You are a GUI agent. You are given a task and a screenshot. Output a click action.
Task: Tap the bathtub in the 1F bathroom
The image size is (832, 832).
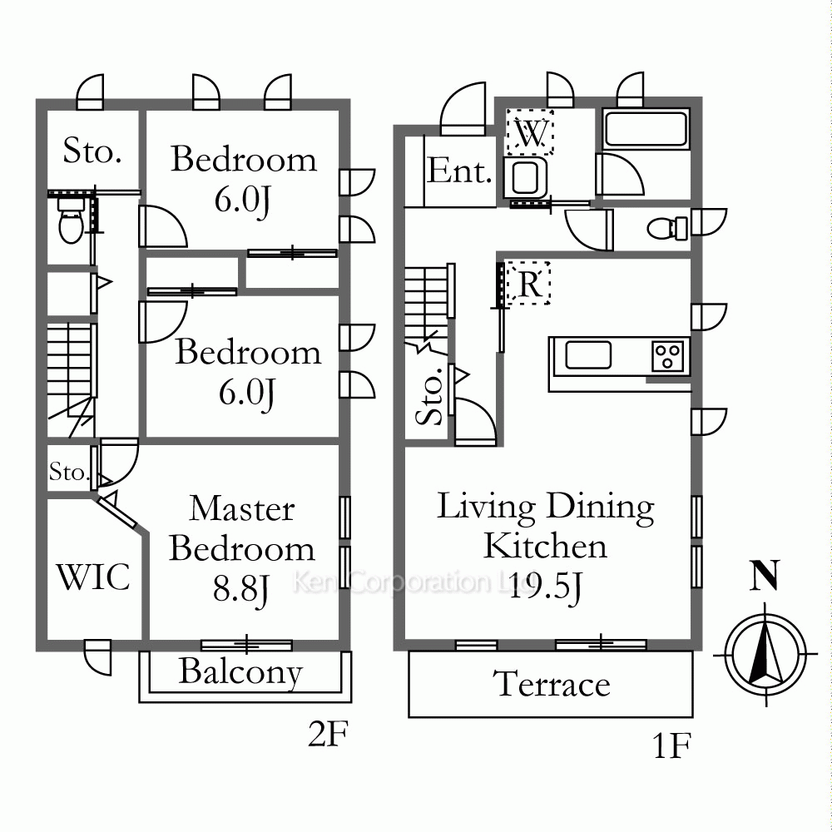(x=646, y=129)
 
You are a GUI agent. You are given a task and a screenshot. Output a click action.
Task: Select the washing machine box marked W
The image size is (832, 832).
(x=529, y=132)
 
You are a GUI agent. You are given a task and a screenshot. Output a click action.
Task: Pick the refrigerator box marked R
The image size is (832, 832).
(x=528, y=284)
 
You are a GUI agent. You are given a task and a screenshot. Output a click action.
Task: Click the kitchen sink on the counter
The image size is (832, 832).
(x=588, y=355)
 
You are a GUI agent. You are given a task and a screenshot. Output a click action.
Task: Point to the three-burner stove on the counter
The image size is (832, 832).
(x=667, y=355)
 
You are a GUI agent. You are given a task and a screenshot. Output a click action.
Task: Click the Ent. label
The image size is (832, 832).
(x=459, y=171)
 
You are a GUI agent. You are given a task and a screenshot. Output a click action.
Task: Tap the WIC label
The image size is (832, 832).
(x=93, y=577)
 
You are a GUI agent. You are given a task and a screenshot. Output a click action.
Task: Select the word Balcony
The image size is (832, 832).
(x=241, y=672)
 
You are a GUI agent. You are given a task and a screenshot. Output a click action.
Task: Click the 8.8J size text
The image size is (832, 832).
(x=240, y=590)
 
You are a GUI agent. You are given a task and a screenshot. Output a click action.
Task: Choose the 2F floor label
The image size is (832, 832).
(x=328, y=734)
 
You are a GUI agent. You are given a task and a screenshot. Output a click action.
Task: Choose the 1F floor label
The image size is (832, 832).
(x=671, y=745)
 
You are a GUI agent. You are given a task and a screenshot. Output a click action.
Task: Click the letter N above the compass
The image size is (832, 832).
(x=764, y=575)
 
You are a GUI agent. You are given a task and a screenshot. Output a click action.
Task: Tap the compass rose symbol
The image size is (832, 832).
(x=765, y=655)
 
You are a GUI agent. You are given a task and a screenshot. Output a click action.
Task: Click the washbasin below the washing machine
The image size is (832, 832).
(x=525, y=177)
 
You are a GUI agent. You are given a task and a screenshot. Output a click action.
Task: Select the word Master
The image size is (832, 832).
(x=242, y=508)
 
